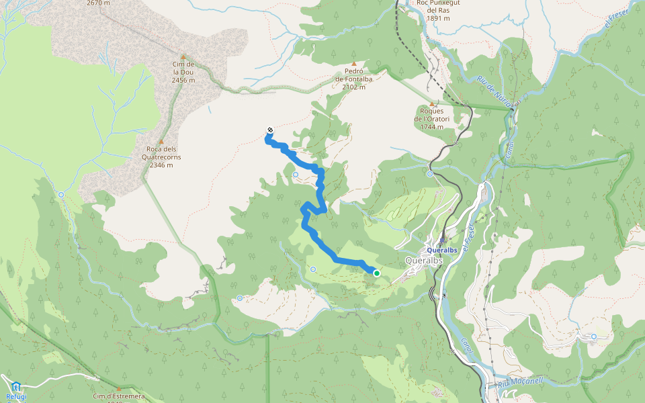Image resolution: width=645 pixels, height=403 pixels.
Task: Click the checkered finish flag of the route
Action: click(x=269, y=130)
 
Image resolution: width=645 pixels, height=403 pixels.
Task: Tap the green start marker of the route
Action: click(x=376, y=273)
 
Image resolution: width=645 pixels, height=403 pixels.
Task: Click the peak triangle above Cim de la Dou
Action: click(x=183, y=56)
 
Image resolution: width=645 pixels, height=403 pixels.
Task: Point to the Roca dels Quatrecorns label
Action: click(x=161, y=157)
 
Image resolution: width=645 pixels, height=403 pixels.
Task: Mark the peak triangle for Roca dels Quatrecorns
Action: click(x=161, y=142)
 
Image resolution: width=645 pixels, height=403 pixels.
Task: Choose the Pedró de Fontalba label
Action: click(x=354, y=79)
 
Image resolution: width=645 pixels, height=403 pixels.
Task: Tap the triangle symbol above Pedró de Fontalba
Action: click(x=354, y=64)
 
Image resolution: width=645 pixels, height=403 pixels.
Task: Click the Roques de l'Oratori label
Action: click(x=433, y=118)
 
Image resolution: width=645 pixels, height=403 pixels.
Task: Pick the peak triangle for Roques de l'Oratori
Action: click(x=433, y=103)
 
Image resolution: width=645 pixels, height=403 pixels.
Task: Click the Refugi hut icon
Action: click(x=16, y=386)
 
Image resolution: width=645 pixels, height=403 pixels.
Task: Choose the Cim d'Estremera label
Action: click(x=119, y=397)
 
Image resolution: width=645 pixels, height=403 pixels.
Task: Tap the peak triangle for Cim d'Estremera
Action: click(x=119, y=388)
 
